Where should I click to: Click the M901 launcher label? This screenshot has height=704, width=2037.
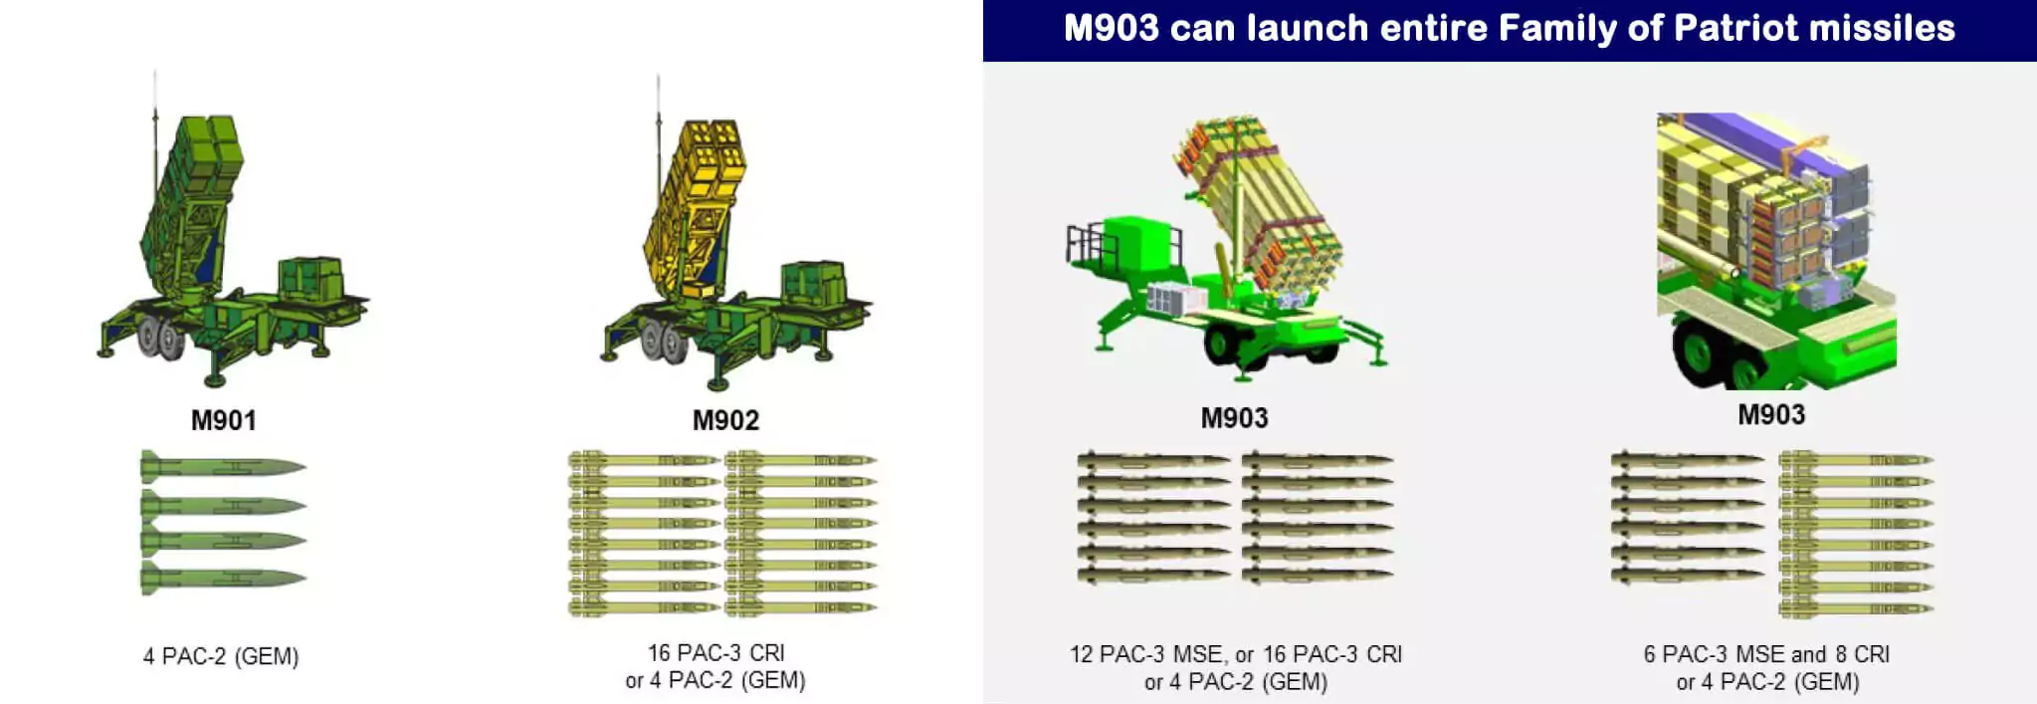(223, 420)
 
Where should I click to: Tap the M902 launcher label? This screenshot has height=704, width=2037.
(725, 420)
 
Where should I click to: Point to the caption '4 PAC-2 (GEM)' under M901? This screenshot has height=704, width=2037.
(221, 656)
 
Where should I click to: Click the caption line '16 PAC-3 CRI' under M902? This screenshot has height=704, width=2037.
(715, 652)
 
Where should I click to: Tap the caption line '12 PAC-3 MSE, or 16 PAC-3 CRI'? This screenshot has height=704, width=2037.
(1235, 654)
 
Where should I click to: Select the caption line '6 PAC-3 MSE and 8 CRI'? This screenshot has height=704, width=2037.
(1766, 654)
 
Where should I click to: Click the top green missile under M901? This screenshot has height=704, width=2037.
(223, 466)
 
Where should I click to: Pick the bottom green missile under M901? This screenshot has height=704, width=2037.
(223, 579)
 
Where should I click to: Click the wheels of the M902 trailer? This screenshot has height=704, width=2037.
(663, 341)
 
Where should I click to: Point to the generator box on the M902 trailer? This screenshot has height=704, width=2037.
(813, 283)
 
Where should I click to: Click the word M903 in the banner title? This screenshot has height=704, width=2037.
(1112, 28)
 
